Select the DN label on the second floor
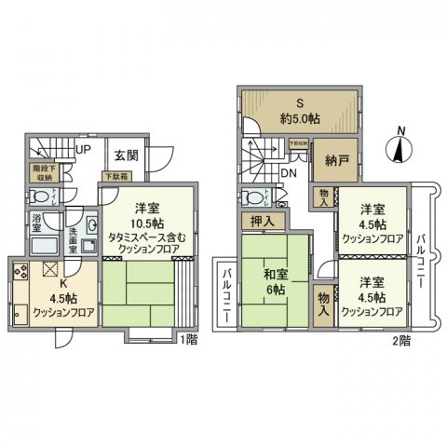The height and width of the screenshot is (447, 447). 289,173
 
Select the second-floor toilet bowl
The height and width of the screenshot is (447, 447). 253,197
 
